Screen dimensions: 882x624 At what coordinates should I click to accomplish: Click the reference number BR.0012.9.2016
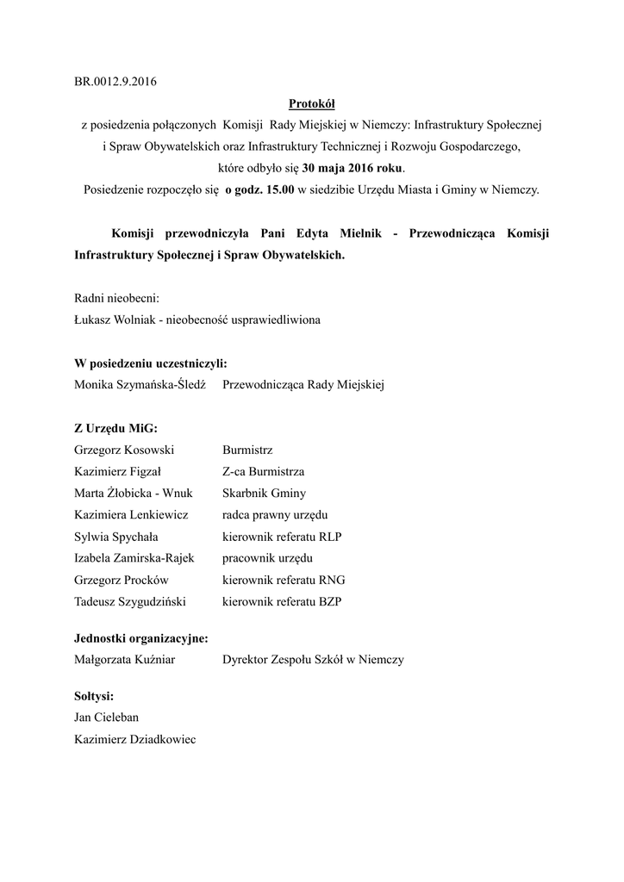point(115,83)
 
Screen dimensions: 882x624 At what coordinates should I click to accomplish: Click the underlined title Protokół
point(311,104)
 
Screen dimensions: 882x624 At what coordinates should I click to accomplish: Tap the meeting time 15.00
point(278,190)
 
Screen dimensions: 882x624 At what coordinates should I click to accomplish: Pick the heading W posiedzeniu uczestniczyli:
point(151,363)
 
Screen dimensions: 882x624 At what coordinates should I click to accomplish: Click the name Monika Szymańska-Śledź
point(140,385)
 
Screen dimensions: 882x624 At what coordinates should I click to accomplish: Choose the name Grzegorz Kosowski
point(125,450)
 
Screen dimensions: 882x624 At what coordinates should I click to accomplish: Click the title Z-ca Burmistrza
point(263,472)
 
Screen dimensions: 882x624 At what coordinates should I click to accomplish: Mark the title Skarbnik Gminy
point(264,494)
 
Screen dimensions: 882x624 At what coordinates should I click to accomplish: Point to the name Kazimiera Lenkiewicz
point(131,515)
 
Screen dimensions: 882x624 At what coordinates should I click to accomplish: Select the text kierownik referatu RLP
point(282,537)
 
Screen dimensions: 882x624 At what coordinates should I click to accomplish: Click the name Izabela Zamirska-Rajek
point(134,558)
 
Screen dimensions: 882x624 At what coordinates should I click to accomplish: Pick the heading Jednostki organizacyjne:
point(141,638)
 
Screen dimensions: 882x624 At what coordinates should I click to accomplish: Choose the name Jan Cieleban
point(107,717)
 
